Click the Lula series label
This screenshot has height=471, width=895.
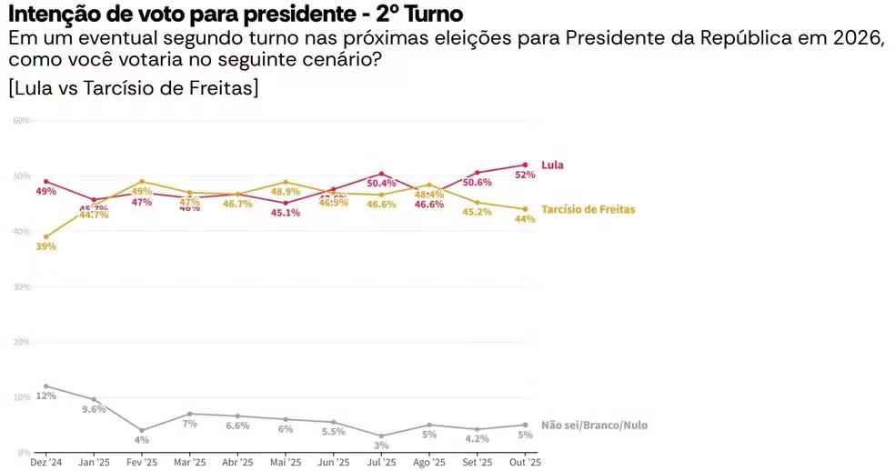point(552,165)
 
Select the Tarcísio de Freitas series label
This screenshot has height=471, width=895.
point(588,209)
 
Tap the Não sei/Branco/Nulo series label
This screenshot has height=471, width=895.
point(594,425)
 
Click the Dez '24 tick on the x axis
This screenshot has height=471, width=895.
point(45,462)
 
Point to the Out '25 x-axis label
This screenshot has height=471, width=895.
point(525,462)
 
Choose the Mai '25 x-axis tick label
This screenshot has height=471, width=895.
point(285,462)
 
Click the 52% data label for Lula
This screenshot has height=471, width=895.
point(525,175)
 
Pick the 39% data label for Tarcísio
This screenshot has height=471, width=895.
point(46,246)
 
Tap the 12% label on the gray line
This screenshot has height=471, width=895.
point(45,396)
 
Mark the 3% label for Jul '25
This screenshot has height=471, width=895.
point(381,446)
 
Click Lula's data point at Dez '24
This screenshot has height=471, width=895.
point(45,181)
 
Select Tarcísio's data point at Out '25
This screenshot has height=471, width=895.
point(525,209)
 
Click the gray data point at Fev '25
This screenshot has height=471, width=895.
point(142,430)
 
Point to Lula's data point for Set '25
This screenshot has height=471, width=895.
point(477,173)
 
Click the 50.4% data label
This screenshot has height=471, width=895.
point(381,183)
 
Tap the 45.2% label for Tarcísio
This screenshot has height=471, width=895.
point(477,212)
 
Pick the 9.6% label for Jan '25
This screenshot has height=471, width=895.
point(94,409)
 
